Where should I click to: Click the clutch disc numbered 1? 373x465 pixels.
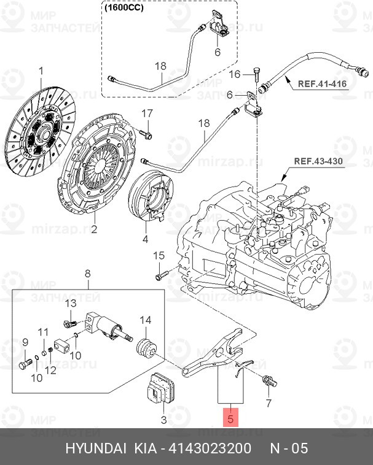tap(42, 128)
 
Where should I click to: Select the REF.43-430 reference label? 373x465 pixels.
tap(318, 163)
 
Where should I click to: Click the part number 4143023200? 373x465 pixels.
tap(207, 448)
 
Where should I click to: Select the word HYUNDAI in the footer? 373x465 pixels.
tap(95, 448)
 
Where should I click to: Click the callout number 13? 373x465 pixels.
tap(70, 304)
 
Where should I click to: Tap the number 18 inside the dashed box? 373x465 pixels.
tap(160, 66)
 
